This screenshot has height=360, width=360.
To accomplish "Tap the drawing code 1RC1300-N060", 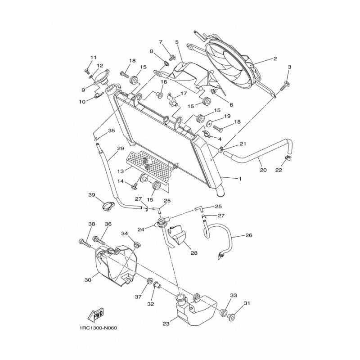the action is (x=98, y=328).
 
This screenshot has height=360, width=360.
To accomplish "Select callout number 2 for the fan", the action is (x=275, y=58).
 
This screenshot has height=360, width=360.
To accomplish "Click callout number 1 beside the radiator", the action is (x=240, y=179).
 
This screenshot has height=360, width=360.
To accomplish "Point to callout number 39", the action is (x=92, y=195).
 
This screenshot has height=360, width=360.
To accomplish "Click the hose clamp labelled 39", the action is (x=108, y=206).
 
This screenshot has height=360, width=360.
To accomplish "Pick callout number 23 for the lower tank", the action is (x=166, y=324).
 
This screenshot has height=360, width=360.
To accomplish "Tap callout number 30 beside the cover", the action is (x=88, y=280).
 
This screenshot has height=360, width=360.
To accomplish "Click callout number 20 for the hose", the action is (x=263, y=170).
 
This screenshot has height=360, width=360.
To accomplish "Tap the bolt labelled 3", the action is (x=284, y=86).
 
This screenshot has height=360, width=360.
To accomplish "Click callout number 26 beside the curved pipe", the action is (x=249, y=235).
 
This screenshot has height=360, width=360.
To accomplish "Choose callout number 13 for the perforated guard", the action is (x=121, y=171).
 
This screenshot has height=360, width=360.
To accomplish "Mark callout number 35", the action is (x=111, y=130).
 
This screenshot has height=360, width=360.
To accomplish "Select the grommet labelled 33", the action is (x=224, y=313).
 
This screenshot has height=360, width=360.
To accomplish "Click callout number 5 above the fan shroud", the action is (x=177, y=42).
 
